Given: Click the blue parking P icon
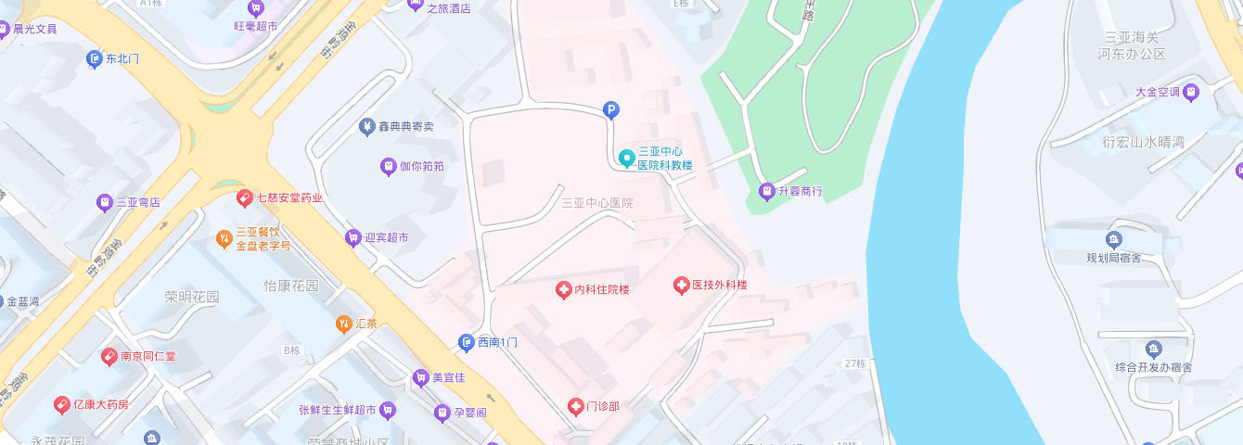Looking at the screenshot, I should click(610, 110).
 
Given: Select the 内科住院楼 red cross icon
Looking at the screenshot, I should click(563, 290).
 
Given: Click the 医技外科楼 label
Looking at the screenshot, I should click(720, 286).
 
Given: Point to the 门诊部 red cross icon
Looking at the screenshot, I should click(576, 406).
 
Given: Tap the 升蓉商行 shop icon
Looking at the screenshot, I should click(766, 192).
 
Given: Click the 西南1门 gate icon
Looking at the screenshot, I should click(467, 343).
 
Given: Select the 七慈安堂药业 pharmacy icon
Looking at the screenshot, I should click(245, 197).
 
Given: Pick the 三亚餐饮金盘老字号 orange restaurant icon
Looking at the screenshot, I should click(224, 239).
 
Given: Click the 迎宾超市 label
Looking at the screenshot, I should click(386, 238).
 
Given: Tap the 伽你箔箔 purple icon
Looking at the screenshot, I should click(389, 167).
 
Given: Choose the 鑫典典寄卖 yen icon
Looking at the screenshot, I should click(367, 126).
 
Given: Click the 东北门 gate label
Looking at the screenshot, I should click(122, 58).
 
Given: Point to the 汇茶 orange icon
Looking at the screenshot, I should click(343, 324).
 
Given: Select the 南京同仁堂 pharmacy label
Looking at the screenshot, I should click(148, 356).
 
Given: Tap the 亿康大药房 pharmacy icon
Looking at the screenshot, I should click(61, 404).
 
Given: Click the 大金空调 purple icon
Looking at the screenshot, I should click(1191, 92).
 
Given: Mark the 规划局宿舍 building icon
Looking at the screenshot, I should click(1115, 240).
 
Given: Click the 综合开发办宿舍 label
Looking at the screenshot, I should click(1153, 367).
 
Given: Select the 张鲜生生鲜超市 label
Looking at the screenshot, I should click(337, 410).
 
